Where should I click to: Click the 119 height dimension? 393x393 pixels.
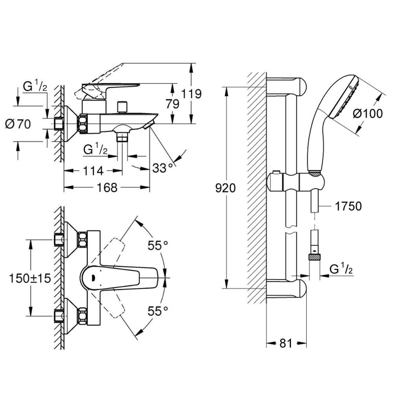click(x=192, y=94)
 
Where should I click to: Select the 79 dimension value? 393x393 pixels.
click(x=173, y=104)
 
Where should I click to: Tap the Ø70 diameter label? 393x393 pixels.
click(x=18, y=125)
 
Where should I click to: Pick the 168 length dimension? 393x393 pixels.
click(x=107, y=188)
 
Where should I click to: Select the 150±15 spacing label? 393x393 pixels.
click(x=30, y=278)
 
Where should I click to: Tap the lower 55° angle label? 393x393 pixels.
click(x=157, y=311)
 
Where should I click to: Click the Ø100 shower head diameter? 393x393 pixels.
click(x=368, y=114)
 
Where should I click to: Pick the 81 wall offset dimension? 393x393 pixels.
click(x=286, y=343)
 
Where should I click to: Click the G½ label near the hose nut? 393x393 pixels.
click(x=341, y=270)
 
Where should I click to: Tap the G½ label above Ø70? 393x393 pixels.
click(x=35, y=86)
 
